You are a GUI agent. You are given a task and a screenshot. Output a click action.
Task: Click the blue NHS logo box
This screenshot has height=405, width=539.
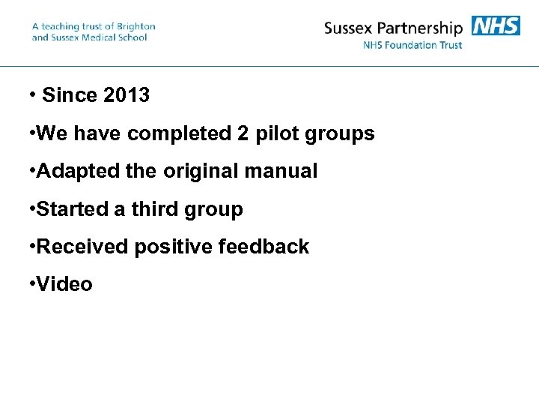pos(496,26)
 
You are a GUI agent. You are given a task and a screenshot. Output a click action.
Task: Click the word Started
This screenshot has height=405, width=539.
pos(72,209)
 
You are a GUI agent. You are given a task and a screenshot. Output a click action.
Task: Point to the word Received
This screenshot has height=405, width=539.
pos(83,247)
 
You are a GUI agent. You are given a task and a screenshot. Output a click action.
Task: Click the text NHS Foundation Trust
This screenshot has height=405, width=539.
pos(412,45)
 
